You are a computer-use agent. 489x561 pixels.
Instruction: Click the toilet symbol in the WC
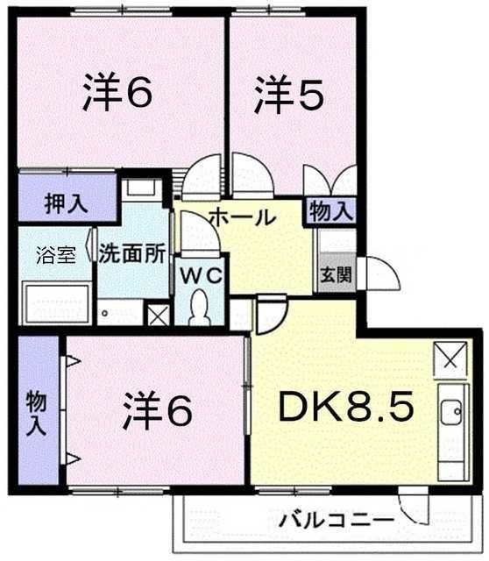coord(200,308)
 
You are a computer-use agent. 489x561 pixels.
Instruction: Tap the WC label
coord(202,276)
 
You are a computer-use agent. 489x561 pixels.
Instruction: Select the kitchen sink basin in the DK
coord(450,412)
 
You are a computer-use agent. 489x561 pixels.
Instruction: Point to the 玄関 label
coord(336,274)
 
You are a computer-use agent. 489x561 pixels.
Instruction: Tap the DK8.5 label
coord(346,406)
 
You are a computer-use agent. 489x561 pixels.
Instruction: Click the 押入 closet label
coord(67,204)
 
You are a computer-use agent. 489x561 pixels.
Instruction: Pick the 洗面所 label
coord(132,253)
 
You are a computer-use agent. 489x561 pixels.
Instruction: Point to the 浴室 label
coord(56,255)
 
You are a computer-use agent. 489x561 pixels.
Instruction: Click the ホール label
coord(244,217)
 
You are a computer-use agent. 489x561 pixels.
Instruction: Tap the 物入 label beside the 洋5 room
coord(331,211)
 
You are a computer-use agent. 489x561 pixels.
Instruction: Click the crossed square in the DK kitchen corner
coord(450,359)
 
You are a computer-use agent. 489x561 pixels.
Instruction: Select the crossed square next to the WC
coord(159,315)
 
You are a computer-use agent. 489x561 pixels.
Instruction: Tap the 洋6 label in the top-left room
coord(117,91)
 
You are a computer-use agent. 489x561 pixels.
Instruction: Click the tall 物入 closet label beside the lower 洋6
coord(37,413)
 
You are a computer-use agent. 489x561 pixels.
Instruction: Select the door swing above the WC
coord(200,232)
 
